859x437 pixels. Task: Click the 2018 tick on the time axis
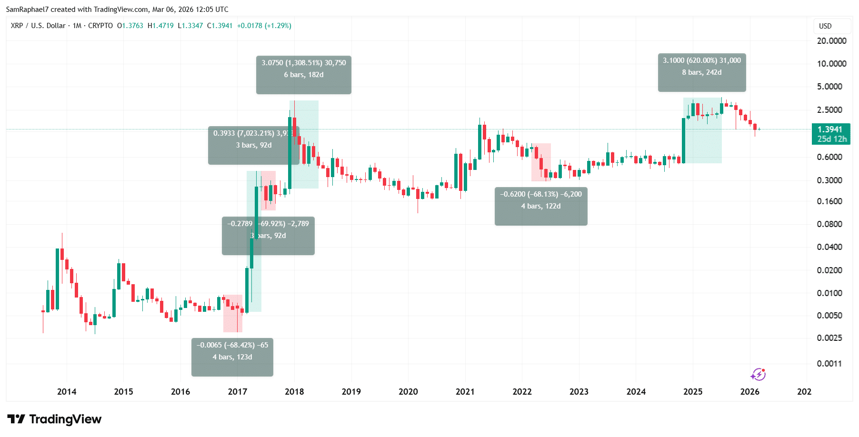[x=294, y=392]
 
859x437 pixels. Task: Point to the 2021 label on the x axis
[x=465, y=392]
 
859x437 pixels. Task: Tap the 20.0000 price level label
[x=831, y=41]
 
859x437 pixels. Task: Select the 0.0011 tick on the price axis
[x=829, y=364]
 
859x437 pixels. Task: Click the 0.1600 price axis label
[x=829, y=201]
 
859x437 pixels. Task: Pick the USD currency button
[x=825, y=26]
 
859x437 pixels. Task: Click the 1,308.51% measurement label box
[x=303, y=75]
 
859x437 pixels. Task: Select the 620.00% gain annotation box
[x=701, y=72]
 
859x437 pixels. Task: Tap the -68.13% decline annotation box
[x=540, y=206]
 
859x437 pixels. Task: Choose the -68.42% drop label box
[x=232, y=357]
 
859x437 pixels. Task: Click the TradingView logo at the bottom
[x=54, y=419]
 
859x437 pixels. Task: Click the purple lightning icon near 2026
[x=758, y=375]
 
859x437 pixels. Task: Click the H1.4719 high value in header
[x=160, y=26]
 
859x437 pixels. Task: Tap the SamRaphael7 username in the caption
[x=27, y=10]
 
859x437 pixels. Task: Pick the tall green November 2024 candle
[x=683, y=140]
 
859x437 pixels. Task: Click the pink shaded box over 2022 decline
[x=541, y=162]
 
